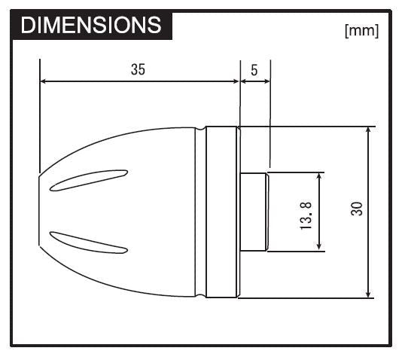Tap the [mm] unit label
coord(361,32)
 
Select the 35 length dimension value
coord(138,69)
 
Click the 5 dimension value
coord(254,70)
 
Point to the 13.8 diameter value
coord(305,215)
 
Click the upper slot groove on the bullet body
coord(88,179)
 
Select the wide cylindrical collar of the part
coord(222,212)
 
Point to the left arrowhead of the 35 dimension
coord(44,81)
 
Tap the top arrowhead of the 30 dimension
coord(368,131)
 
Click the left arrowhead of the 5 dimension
coord(244,81)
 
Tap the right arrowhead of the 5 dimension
coord(266,81)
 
